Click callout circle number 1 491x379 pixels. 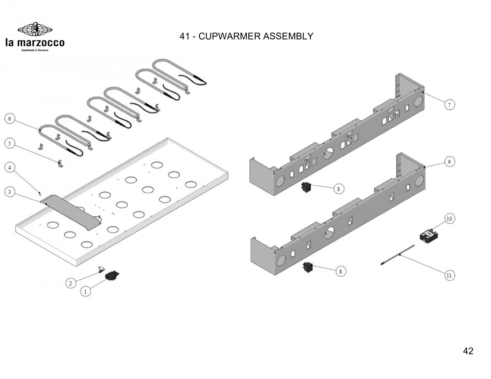(85, 292)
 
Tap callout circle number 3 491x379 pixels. (10, 192)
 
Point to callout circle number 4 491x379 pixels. (10, 168)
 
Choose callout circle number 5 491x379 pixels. (10, 143)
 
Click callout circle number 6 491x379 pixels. (10, 119)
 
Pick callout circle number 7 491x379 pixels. (449, 105)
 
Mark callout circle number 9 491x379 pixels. (449, 162)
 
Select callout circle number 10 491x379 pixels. (449, 219)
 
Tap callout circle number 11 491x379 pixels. (449, 276)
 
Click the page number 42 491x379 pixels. (468, 351)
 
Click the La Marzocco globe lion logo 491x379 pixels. (35, 29)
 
